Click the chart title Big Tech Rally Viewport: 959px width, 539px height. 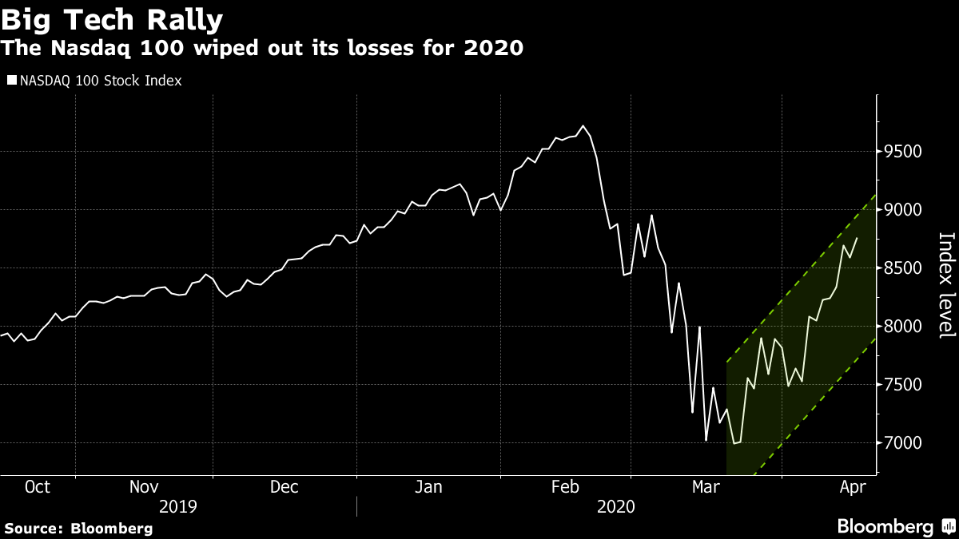pos(112,18)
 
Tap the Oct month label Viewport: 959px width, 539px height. pos(38,487)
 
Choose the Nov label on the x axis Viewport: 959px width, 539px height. pos(143,487)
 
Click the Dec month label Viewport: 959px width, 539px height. pos(285,487)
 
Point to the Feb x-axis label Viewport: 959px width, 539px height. pos(565,487)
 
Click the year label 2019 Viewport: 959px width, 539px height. pos(179,506)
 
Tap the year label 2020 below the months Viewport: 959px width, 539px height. pos(615,506)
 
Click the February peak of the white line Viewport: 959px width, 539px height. pos(583,126)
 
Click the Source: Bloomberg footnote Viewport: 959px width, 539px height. pos(78,528)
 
